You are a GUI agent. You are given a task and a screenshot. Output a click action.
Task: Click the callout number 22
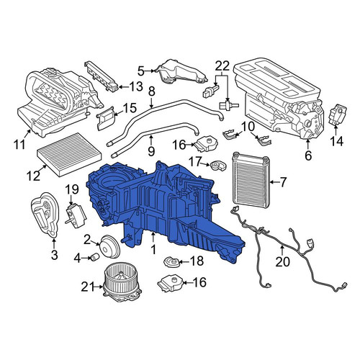click(x=222, y=67)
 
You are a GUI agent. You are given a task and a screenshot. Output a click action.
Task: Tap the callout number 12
click(x=33, y=176)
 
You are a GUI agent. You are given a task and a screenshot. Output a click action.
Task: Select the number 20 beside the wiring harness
click(x=282, y=261)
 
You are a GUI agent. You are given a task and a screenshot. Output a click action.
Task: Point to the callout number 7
click(x=283, y=182)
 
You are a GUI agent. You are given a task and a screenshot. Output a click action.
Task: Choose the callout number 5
click(x=141, y=71)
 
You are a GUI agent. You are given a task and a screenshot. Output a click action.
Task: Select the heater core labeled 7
click(x=250, y=179)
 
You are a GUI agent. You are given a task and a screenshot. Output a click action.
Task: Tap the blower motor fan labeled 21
click(x=122, y=282)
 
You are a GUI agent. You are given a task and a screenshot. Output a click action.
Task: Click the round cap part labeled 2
click(x=109, y=246)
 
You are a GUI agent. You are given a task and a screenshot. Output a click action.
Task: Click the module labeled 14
click(x=338, y=114)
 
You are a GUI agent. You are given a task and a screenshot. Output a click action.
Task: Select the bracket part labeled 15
click(x=106, y=118)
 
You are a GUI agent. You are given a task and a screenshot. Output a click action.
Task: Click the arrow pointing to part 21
click(x=99, y=287)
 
